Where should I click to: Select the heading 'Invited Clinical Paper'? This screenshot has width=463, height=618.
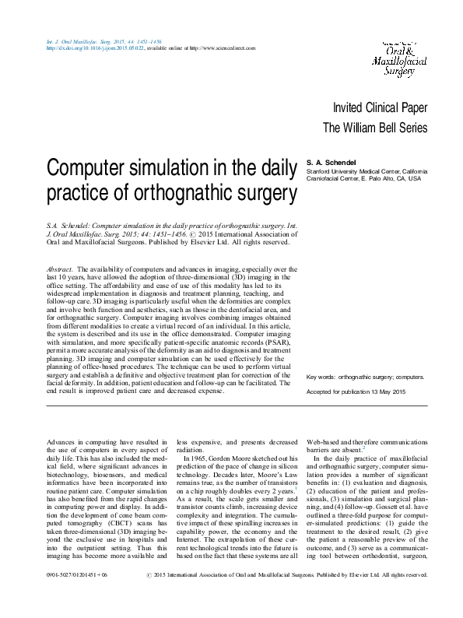tap(379, 108)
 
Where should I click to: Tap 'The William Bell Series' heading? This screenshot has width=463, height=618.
tap(375, 128)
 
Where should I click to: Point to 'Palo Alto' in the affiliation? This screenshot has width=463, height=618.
tap(374, 178)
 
